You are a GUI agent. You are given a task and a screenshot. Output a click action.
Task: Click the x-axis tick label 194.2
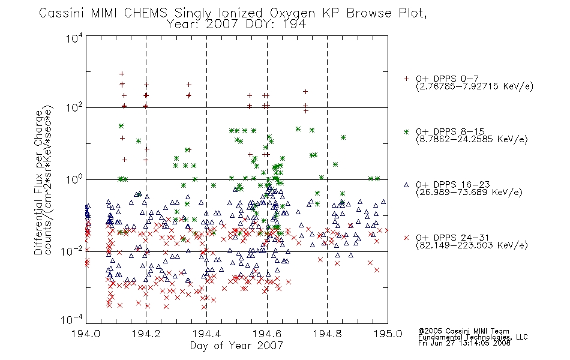point(146,334)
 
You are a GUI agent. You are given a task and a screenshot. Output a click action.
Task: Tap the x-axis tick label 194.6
point(267,334)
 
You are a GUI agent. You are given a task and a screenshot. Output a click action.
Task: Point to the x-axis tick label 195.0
point(388,334)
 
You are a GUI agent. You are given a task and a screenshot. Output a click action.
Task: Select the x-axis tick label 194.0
point(86,334)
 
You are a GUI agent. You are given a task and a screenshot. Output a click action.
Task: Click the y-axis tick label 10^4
point(74,38)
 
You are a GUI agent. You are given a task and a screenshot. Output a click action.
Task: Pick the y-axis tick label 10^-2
point(72,251)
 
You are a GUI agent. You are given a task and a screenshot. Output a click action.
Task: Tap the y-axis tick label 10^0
point(74,179)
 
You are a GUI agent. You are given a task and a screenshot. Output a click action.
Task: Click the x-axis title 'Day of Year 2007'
point(236,346)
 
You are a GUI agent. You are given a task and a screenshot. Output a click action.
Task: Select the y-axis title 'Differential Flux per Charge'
point(38,183)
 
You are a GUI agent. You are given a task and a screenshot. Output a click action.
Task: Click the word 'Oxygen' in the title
point(293,13)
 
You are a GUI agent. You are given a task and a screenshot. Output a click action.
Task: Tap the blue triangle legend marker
point(406,185)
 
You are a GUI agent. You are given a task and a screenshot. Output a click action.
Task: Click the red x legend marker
point(406,238)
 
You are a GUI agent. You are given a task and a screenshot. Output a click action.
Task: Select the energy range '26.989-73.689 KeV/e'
point(469,193)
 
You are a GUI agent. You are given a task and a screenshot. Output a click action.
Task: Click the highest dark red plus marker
point(122,74)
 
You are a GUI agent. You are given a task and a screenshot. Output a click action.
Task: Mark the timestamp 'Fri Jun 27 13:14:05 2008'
point(464,343)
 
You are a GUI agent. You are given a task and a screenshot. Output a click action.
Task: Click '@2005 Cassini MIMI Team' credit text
point(463,331)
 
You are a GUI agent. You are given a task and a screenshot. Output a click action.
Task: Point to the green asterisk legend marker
point(406,131)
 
